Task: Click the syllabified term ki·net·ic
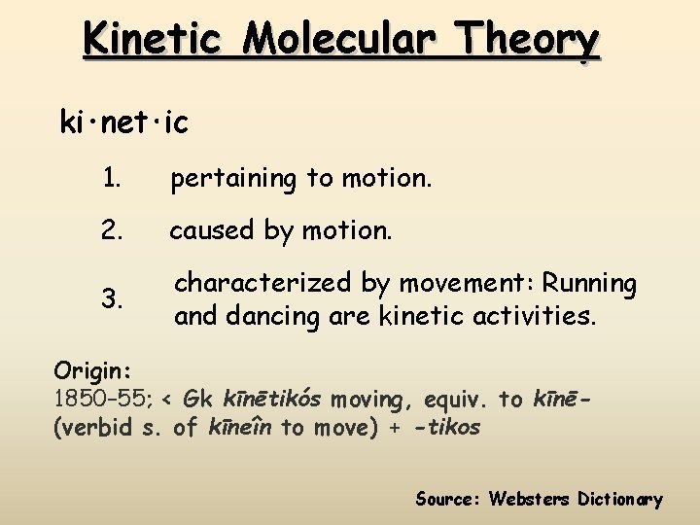[x=124, y=124]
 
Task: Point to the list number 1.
[x=113, y=179]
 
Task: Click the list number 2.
[x=113, y=230]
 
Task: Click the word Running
[x=590, y=284]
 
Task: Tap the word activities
[x=534, y=316]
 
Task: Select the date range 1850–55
[x=102, y=399]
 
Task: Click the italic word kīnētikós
[x=273, y=399]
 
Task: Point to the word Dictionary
[x=620, y=500]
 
